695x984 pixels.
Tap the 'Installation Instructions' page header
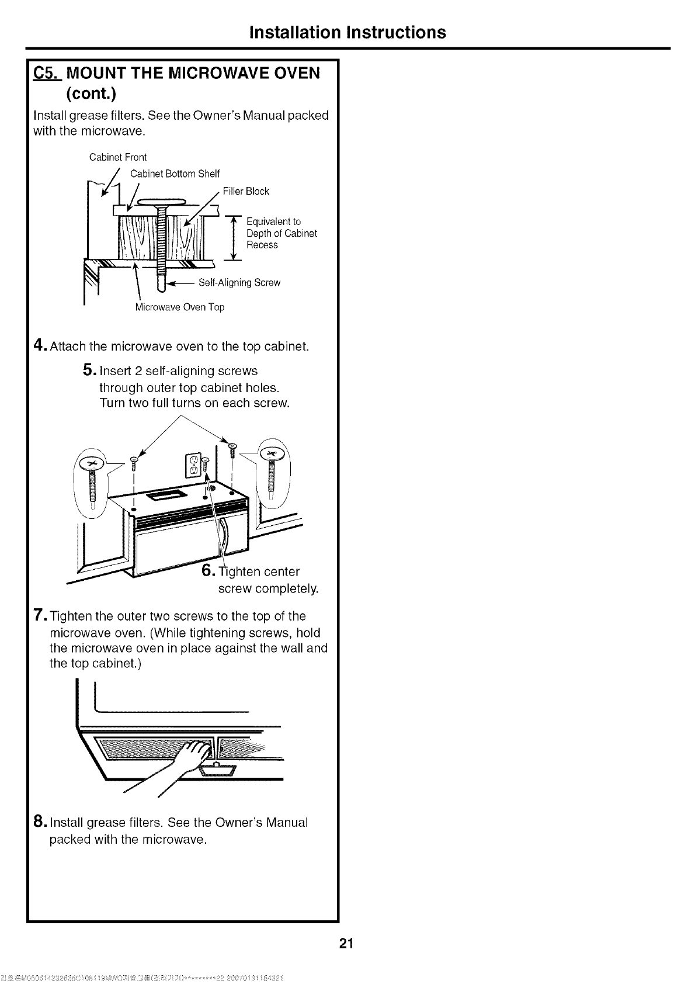347,32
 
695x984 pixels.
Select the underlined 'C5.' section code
46,74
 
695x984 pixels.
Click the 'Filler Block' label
246,191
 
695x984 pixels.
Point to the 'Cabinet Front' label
117,157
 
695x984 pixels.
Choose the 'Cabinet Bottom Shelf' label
175,174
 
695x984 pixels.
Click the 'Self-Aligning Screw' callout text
239,283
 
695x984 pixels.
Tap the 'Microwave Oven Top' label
179,307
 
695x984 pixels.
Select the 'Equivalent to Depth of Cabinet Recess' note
281,233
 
